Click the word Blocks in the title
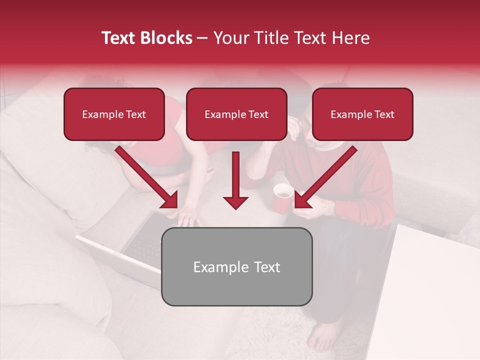pyautogui.click(x=167, y=38)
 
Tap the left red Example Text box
pyautogui.click(x=114, y=114)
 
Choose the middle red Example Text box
pyautogui.click(x=236, y=114)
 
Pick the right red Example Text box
pyautogui.click(x=362, y=114)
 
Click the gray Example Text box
pyautogui.click(x=237, y=266)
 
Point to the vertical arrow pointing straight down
pyautogui.click(x=235, y=180)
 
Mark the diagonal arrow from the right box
pyautogui.click(x=325, y=177)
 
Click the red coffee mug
pyautogui.click(x=283, y=197)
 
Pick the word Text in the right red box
pyautogui.click(x=384, y=114)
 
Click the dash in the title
pyautogui.click(x=202, y=38)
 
